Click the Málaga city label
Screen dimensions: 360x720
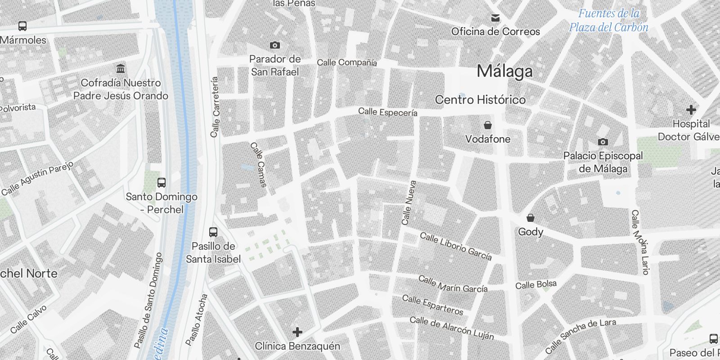[x=504, y=71]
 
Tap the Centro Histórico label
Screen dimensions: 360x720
[x=480, y=100]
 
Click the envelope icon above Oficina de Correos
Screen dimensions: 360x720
[x=495, y=18]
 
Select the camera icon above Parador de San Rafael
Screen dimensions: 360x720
[x=274, y=45]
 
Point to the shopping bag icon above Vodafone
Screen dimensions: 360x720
[x=487, y=125]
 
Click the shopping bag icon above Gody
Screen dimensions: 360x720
[x=531, y=218]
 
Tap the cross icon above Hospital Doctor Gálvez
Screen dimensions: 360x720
[x=691, y=109]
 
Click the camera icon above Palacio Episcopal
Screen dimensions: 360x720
[x=603, y=142]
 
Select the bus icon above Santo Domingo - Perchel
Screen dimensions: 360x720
[x=162, y=182]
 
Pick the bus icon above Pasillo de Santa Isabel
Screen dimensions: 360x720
[x=213, y=232]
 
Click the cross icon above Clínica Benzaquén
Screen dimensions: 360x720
[x=297, y=332]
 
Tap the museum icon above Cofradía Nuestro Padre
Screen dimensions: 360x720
[x=121, y=68]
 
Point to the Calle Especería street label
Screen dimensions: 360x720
[x=387, y=112]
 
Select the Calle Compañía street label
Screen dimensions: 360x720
[x=346, y=63]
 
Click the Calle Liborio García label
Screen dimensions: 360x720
[x=455, y=246]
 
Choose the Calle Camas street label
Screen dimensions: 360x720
[x=259, y=165]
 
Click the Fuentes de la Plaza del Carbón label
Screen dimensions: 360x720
[x=608, y=20]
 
